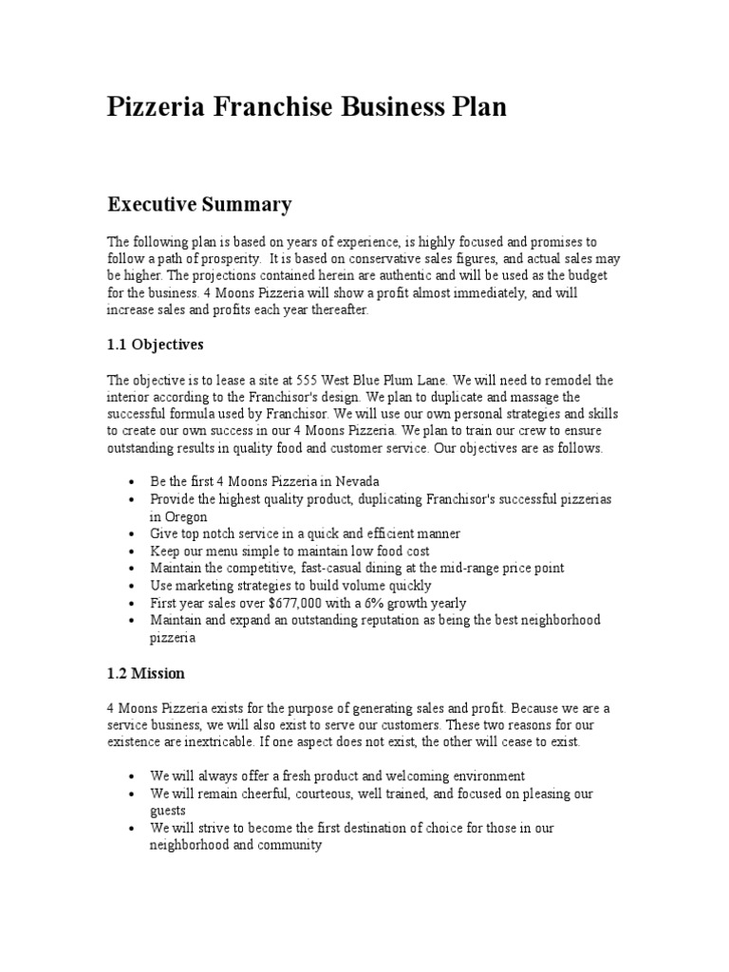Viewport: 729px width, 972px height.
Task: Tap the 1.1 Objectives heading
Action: (155, 344)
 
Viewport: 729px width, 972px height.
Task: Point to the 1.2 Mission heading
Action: (146, 673)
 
